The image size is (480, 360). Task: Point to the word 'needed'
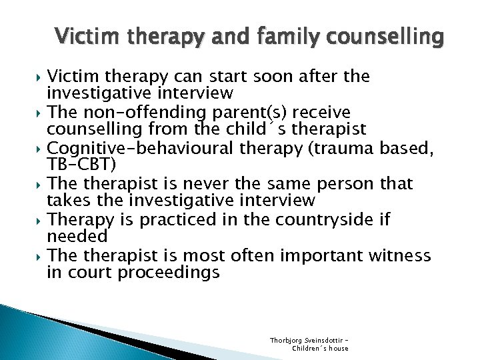coord(77,236)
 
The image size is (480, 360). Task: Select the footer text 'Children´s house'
coord(320,348)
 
